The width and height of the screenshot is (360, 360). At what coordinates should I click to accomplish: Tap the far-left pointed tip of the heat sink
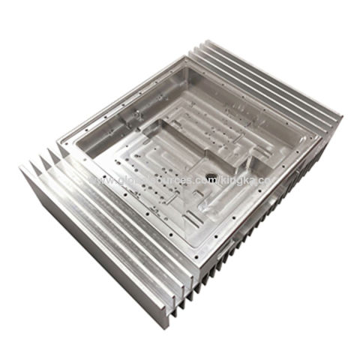click(20, 166)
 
